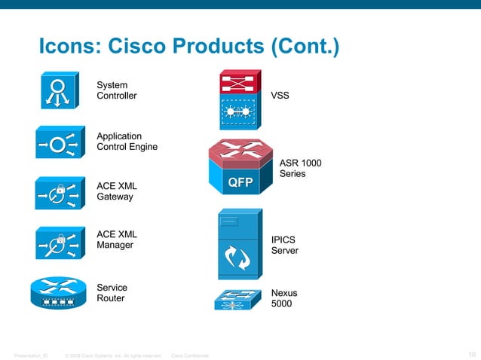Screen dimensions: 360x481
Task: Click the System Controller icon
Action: point(58,92)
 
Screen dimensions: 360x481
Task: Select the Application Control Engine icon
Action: point(57,143)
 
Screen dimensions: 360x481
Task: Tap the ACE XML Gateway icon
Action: point(57,193)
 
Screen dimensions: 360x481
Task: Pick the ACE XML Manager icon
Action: point(57,243)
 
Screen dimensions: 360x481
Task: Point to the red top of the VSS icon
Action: point(240,82)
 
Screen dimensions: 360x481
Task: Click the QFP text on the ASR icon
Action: point(240,183)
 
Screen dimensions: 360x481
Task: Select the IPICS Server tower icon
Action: point(239,245)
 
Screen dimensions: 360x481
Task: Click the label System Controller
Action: point(117,90)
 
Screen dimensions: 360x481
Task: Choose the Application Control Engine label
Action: point(127,141)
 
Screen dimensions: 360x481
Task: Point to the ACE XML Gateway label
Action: point(116,191)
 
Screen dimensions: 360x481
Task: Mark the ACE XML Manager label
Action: point(116,239)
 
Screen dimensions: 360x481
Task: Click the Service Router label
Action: point(112,293)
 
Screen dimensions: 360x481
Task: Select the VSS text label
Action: point(280,96)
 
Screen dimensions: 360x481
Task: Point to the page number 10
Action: point(471,355)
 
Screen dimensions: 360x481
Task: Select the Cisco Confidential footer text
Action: point(191,355)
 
